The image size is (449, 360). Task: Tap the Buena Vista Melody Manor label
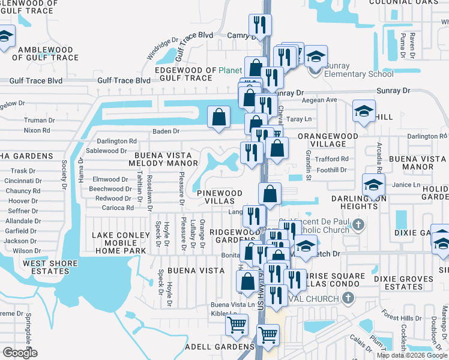click(166, 158)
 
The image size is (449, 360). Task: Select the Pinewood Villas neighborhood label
click(220, 197)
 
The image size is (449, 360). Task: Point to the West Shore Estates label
click(50, 267)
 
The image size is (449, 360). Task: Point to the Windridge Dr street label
click(163, 50)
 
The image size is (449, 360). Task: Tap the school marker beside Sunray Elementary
click(316, 57)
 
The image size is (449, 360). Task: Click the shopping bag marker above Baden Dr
click(219, 117)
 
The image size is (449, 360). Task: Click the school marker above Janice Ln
click(373, 184)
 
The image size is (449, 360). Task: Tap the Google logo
click(20, 353)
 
